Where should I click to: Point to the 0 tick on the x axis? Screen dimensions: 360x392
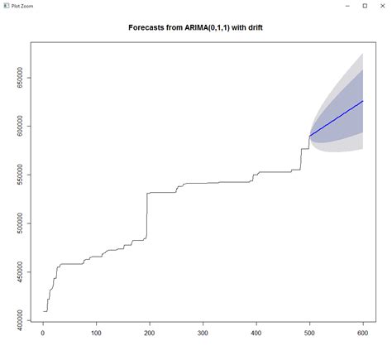(43, 334)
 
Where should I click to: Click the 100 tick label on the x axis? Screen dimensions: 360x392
(96, 334)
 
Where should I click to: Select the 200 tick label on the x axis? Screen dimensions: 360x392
(150, 334)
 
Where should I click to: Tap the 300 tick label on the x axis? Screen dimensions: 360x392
(203, 334)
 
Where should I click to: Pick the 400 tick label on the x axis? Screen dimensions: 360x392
(256, 334)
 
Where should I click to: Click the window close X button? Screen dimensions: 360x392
(382, 6)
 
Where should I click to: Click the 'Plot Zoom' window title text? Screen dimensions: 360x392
(22, 6)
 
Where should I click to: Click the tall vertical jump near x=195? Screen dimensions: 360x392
(147, 215)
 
